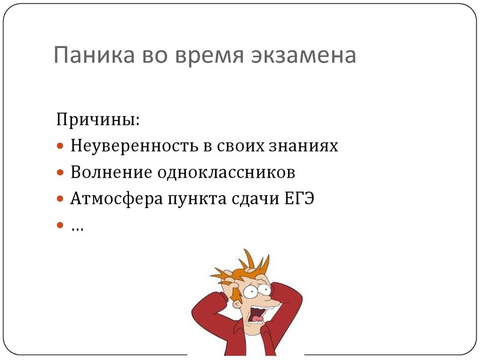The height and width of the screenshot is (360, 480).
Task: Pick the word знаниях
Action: tap(307, 146)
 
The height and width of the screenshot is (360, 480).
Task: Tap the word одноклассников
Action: tap(226, 173)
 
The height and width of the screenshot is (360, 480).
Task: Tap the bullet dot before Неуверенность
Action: tap(59, 146)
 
